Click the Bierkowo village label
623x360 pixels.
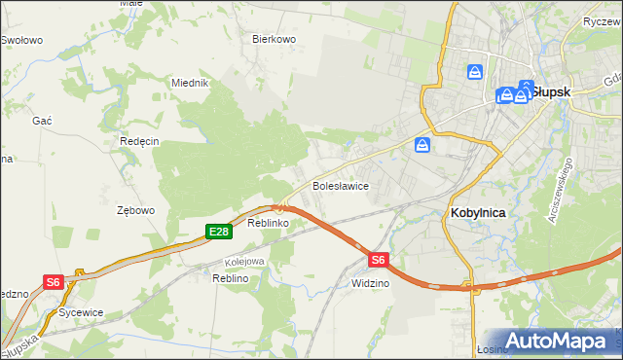point(274,39)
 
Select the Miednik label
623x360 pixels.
point(191,83)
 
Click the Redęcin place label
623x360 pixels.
point(139,141)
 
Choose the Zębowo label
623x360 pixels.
point(135,210)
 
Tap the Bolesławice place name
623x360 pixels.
point(339,185)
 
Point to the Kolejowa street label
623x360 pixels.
point(245,261)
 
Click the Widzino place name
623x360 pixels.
point(371,283)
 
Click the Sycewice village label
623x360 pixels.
point(81,312)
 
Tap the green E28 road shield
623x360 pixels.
point(218,232)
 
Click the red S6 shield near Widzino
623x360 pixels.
point(379,260)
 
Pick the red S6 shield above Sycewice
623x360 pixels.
point(54,282)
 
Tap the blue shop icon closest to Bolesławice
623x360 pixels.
point(422,145)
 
